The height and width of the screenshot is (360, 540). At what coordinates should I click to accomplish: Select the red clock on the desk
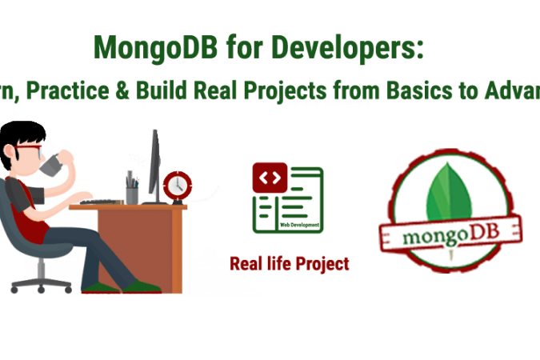tap(176, 186)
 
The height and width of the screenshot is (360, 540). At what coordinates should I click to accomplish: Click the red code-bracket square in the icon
tap(270, 178)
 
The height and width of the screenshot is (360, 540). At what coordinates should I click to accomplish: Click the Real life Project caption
tap(289, 263)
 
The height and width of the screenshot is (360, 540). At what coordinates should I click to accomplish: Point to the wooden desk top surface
tap(128, 207)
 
